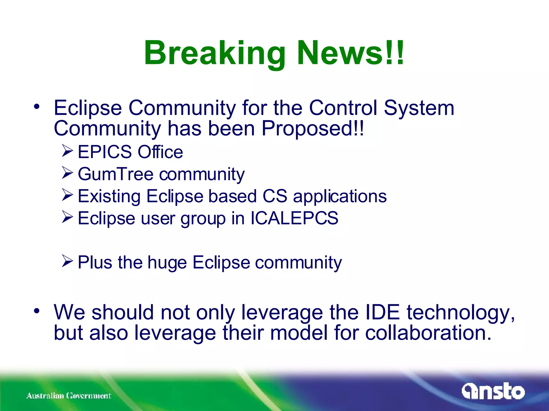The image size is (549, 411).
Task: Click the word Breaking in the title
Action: click(x=214, y=54)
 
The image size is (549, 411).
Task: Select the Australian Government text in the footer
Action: click(x=69, y=395)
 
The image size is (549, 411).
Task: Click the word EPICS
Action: click(x=105, y=152)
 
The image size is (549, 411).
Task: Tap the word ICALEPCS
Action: click(x=294, y=218)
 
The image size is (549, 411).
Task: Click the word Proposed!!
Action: click(x=313, y=128)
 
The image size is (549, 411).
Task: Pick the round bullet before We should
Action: click(x=37, y=311)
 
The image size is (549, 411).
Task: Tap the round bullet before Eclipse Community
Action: click(x=37, y=107)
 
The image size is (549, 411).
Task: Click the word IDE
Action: click(x=382, y=312)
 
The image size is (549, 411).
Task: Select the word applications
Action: click(x=340, y=196)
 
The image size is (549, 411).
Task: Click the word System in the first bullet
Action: click(x=419, y=108)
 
